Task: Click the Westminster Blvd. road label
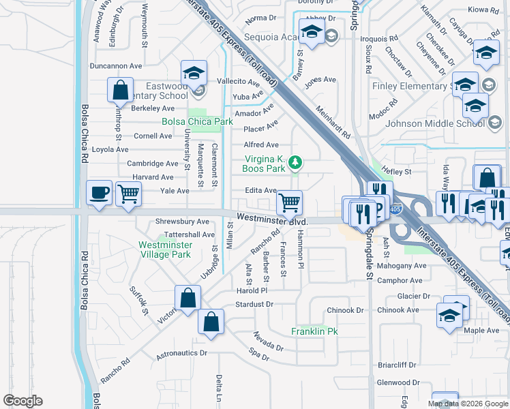[273, 219]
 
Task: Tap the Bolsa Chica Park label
[197, 122]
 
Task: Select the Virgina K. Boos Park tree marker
[295, 162]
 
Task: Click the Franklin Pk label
[315, 331]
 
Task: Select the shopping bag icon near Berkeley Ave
[120, 90]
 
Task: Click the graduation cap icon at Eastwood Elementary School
[194, 73]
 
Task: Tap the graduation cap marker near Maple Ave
[450, 316]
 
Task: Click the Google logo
[23, 401]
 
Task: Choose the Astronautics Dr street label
[181, 353]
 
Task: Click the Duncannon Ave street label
[115, 66]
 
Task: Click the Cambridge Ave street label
[153, 164]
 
